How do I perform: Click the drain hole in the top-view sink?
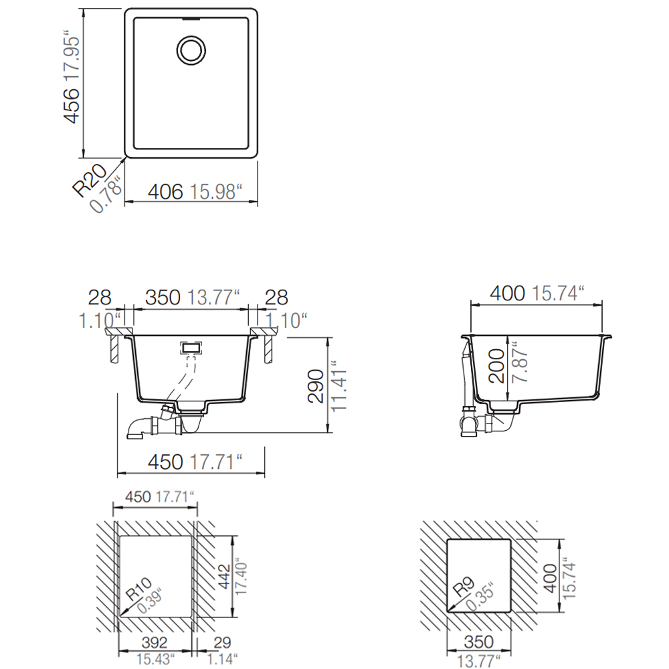point(191,50)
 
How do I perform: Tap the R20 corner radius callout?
point(90,181)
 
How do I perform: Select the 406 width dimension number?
point(165,191)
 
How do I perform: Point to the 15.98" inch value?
point(215,191)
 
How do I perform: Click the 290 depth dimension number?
point(316,386)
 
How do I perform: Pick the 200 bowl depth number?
point(496,366)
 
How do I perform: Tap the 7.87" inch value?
point(520,362)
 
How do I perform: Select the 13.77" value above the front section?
point(213,298)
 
